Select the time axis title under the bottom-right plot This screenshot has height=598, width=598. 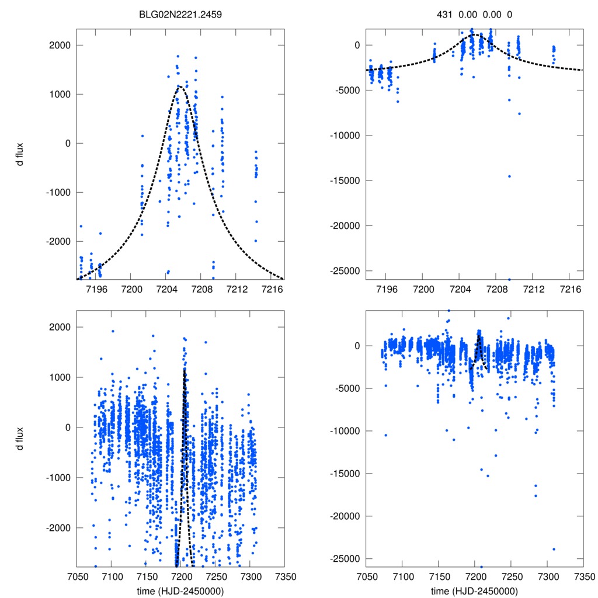474,591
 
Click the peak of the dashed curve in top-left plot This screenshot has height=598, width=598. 180,87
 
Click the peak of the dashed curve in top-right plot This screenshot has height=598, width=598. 474,34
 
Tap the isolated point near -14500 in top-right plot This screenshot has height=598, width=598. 509,176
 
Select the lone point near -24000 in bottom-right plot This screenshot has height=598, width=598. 553,549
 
